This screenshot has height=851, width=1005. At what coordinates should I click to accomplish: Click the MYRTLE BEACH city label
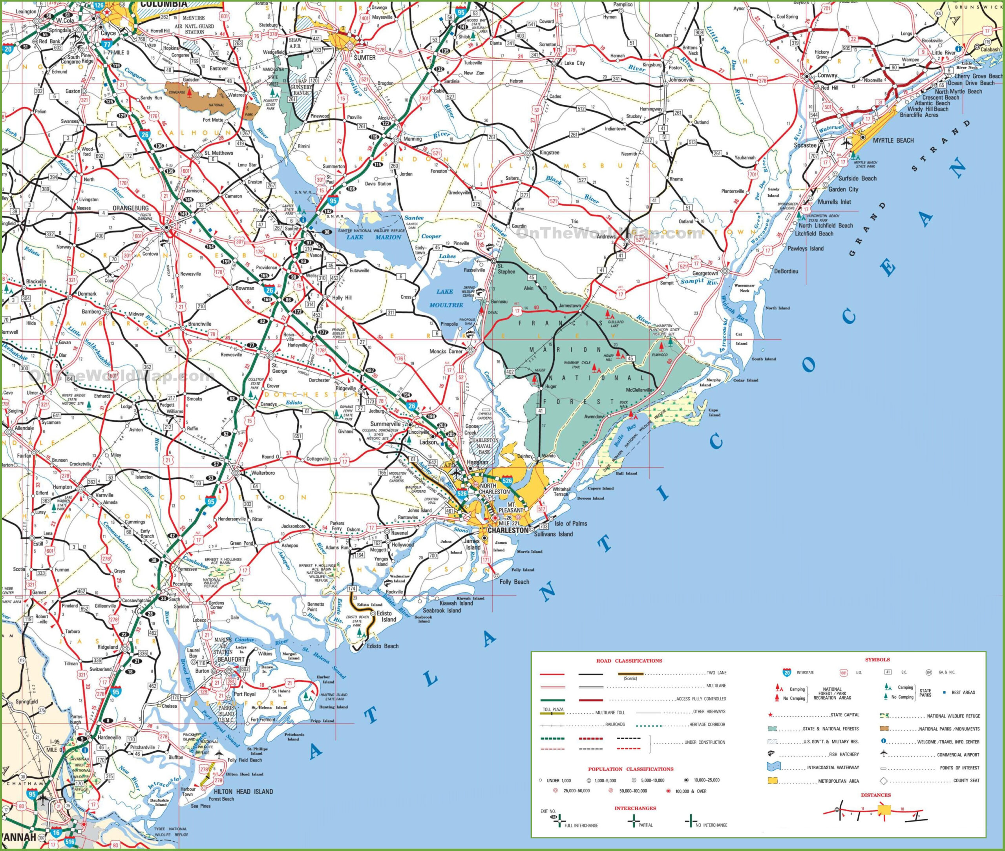893,141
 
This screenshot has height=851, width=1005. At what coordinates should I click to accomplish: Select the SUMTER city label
364,57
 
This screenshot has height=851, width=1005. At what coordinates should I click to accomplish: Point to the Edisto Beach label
383,646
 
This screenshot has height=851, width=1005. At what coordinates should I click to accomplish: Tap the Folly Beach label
514,582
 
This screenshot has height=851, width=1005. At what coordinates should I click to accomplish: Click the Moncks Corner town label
446,351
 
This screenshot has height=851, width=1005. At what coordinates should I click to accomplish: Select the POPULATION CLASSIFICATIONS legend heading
630,769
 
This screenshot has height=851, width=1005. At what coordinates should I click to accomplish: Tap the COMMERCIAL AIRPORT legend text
958,754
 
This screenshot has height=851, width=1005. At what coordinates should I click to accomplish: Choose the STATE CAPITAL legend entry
845,715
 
